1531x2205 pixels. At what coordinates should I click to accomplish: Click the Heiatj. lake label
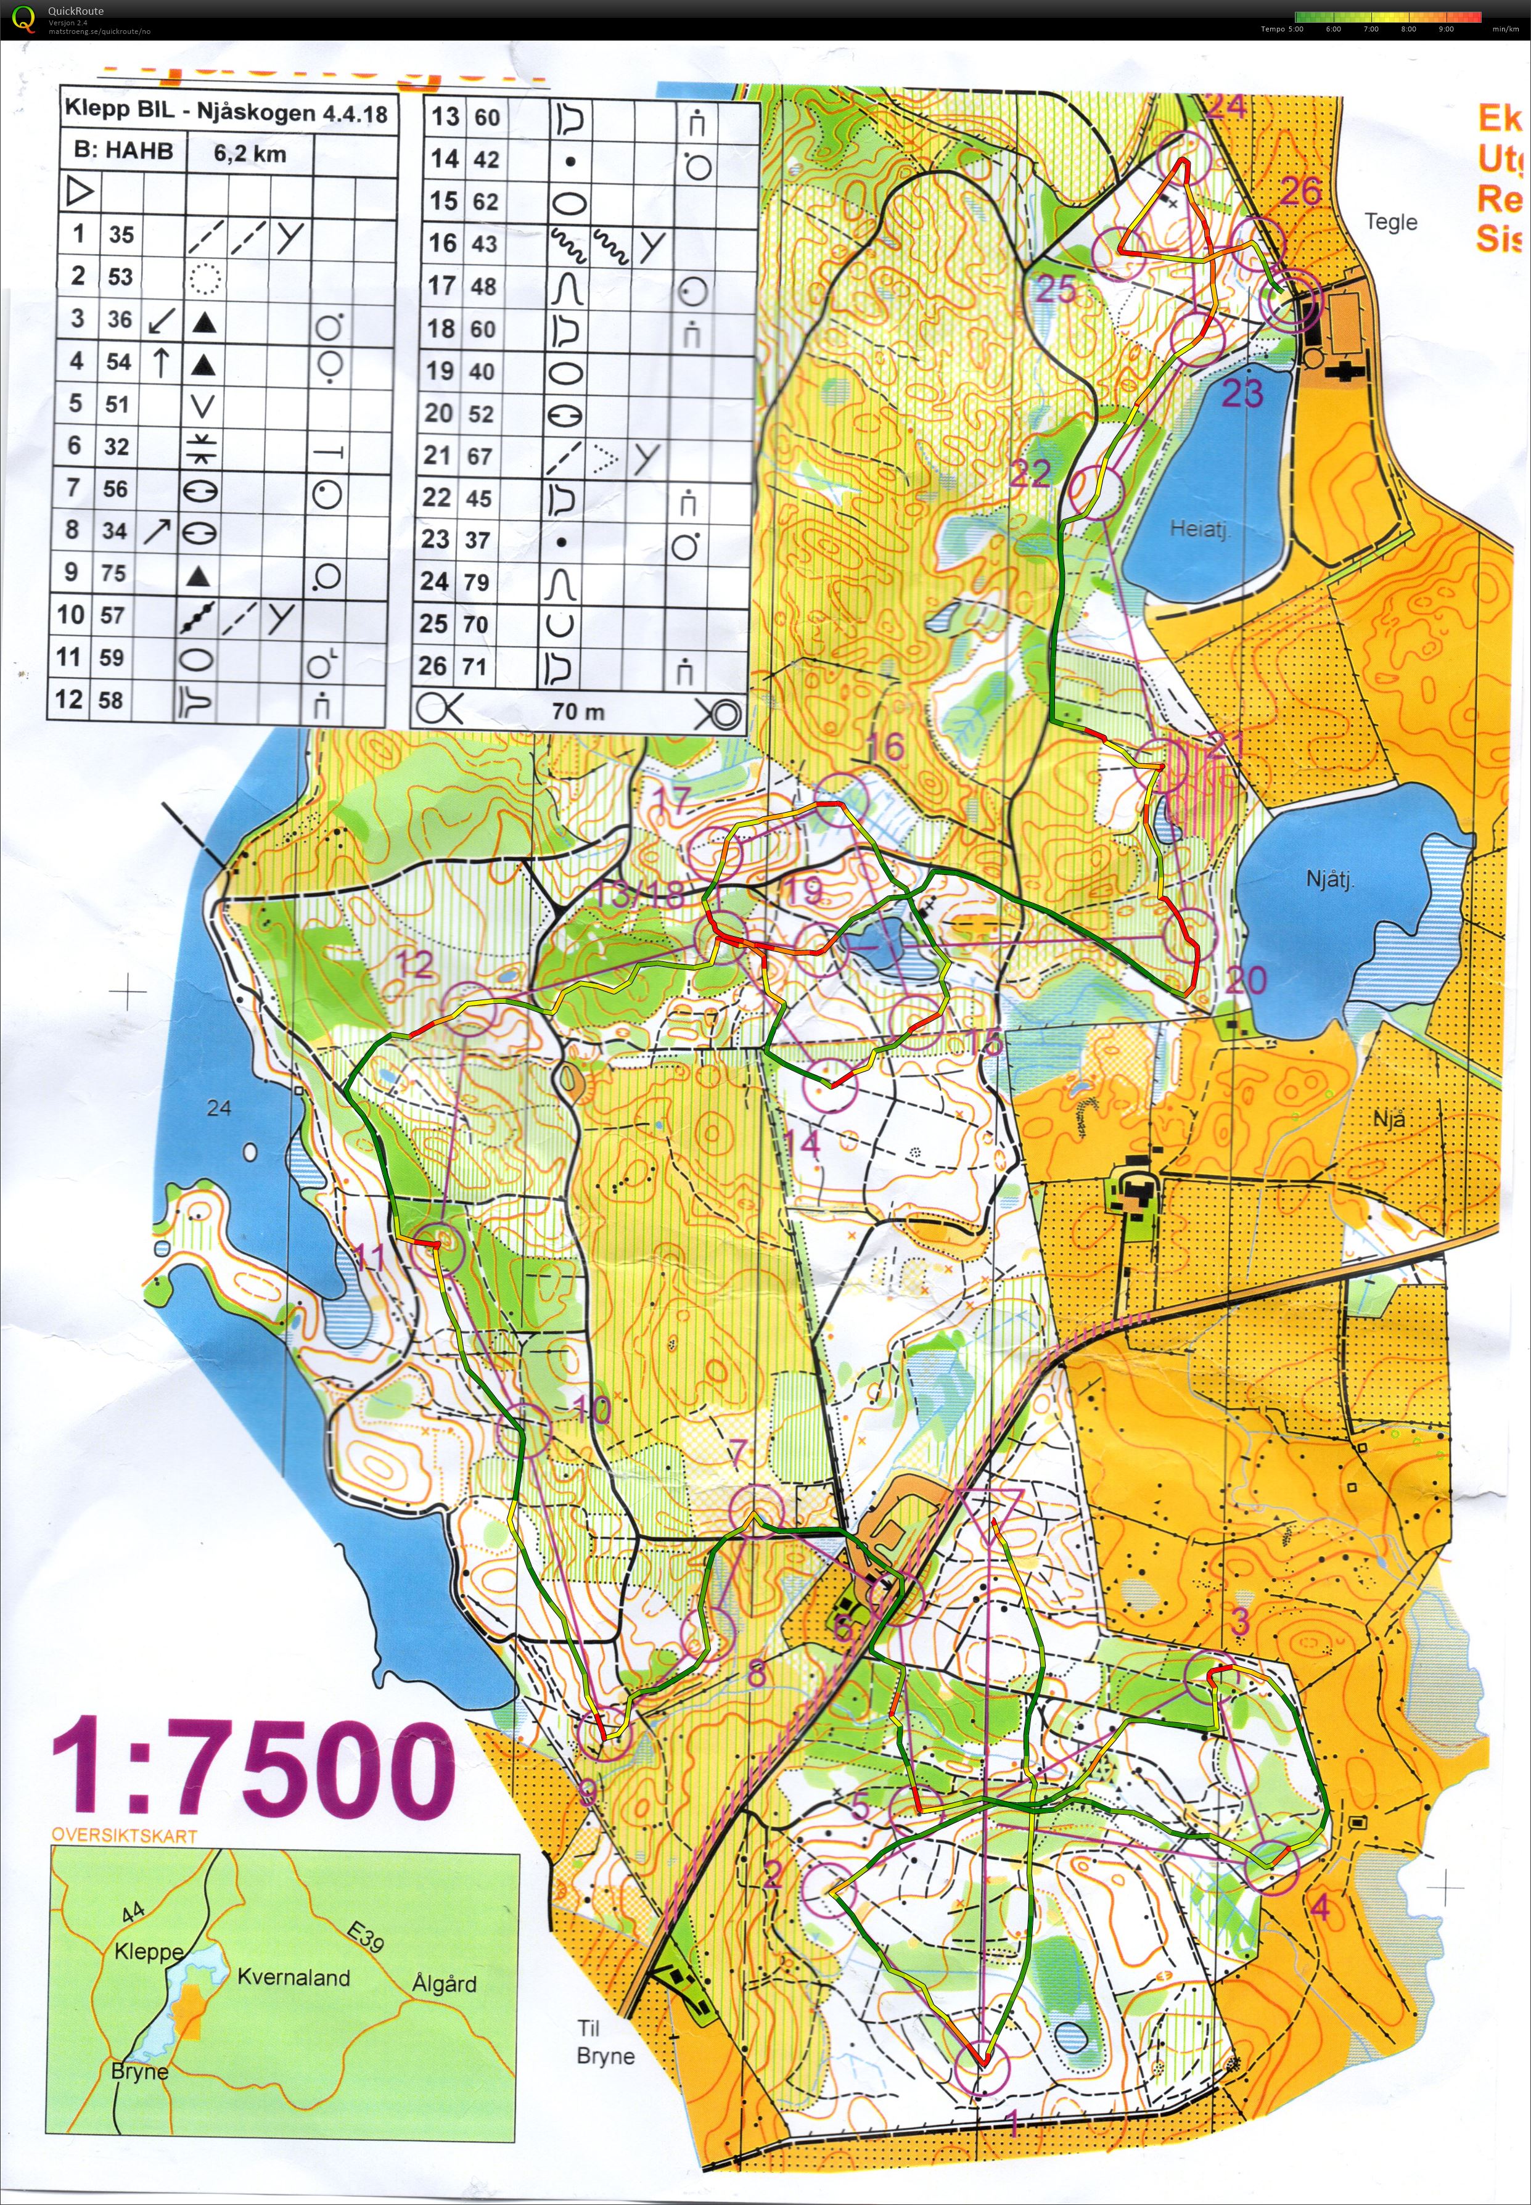tap(1199, 528)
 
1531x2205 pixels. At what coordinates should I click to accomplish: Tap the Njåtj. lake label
tap(1329, 879)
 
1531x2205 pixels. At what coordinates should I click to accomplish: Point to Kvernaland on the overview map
tap(293, 1977)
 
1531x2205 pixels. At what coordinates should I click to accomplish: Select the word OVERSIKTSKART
tap(124, 1836)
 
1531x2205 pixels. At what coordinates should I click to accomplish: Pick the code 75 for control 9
tap(113, 573)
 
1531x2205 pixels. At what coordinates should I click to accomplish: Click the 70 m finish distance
tap(578, 712)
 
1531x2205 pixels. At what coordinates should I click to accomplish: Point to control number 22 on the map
tap(1030, 473)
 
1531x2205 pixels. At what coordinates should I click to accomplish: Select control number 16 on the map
tap(884, 746)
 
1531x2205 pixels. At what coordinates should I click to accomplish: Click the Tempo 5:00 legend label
tap(1282, 29)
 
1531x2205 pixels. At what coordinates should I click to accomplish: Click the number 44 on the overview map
tap(133, 1913)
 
